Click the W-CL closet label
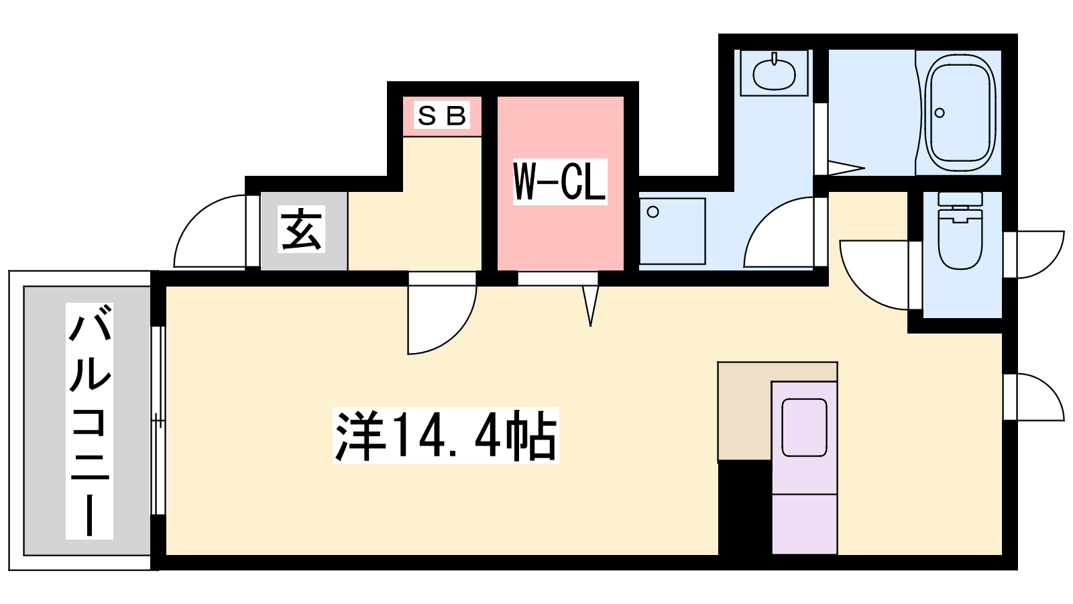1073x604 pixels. [x=560, y=182]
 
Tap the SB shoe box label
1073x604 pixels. [x=442, y=115]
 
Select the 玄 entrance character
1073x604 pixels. [x=301, y=229]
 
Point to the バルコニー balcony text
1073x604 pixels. [x=90, y=420]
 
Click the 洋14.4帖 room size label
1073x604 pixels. [x=446, y=436]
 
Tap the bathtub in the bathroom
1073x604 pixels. [x=960, y=113]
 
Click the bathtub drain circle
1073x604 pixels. [x=940, y=113]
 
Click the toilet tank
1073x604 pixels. [x=960, y=199]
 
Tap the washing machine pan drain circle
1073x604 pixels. [x=653, y=212]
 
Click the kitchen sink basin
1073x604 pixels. [x=804, y=427]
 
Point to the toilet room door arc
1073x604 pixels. [x=874, y=275]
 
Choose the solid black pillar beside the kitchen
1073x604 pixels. [x=745, y=508]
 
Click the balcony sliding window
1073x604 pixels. [x=158, y=421]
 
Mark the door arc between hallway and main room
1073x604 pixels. [x=442, y=319]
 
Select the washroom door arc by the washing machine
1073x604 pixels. [x=779, y=232]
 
